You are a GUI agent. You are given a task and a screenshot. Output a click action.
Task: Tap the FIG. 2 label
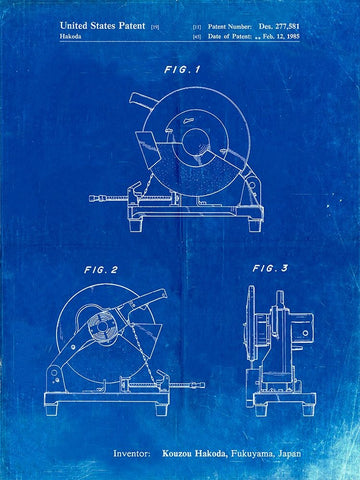(101, 270)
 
